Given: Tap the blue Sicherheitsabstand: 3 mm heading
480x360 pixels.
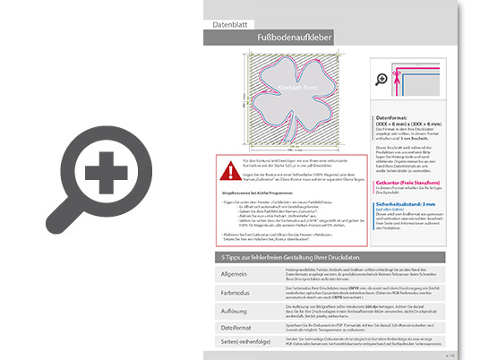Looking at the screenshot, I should tap(411, 204).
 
